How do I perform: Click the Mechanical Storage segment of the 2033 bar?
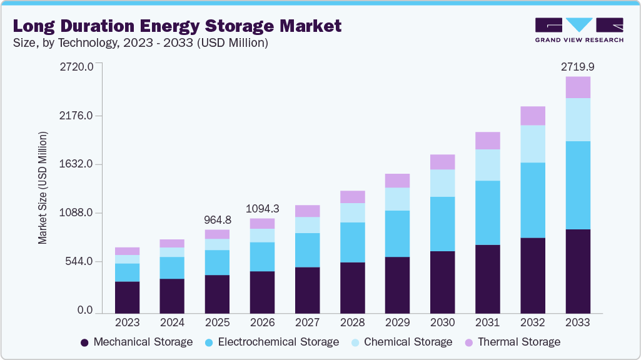point(577,271)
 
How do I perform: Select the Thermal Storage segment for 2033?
point(577,87)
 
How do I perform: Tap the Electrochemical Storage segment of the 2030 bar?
point(443,224)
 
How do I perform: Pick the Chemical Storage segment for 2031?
point(488,165)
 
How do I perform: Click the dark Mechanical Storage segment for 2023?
point(128,297)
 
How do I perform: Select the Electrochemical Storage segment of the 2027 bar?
point(308,250)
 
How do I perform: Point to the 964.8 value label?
point(218,220)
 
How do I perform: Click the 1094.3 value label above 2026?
point(263,208)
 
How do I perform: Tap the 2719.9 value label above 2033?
point(577,66)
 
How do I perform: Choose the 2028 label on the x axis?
point(353,323)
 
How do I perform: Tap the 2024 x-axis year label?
point(173,323)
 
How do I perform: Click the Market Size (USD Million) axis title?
point(43,188)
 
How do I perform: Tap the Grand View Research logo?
point(579,30)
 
